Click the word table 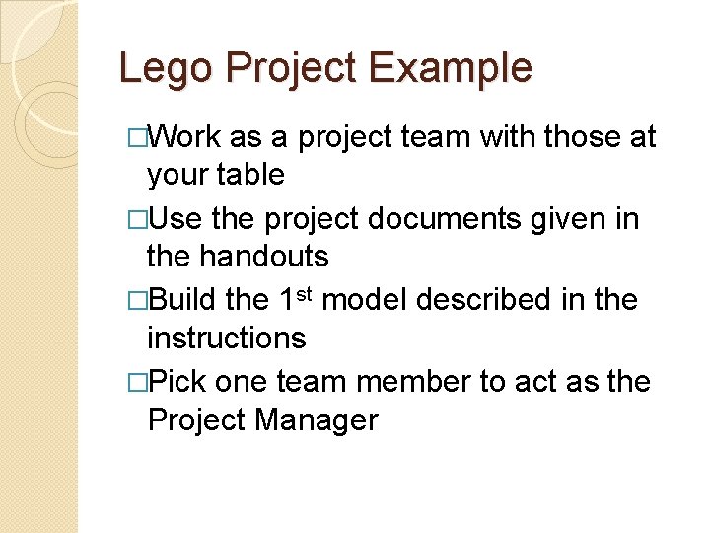(x=247, y=175)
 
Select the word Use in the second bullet (x=177, y=218)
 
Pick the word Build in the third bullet (x=187, y=299)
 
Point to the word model (x=366, y=299)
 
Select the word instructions (x=226, y=338)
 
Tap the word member (x=407, y=380)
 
